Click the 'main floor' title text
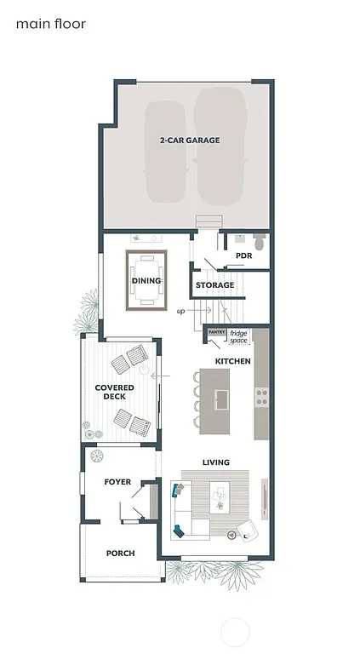[50, 24]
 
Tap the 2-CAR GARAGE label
[189, 141]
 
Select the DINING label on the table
[146, 280]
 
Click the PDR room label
[243, 255]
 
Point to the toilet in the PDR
[260, 243]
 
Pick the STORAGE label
[214, 285]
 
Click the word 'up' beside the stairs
[180, 312]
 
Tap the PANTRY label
[216, 333]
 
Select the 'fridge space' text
[238, 336]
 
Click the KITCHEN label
[232, 362]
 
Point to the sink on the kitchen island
[222, 399]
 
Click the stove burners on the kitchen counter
[261, 396]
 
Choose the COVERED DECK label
[115, 393]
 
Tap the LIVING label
[215, 462]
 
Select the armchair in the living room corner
[248, 530]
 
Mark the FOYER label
[117, 482]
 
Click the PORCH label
[120, 554]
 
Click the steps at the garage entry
[208, 221]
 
